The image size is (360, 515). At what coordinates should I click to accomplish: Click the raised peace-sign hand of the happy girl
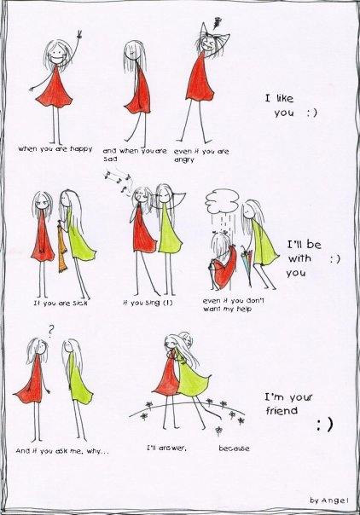[78, 35]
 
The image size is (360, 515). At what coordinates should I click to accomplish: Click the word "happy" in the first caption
[81, 148]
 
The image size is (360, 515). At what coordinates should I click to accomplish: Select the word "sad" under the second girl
[110, 159]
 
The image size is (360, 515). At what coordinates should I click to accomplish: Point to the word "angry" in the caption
[184, 160]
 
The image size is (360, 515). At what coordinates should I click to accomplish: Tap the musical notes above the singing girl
[117, 180]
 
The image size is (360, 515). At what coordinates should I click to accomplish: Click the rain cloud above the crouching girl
[223, 200]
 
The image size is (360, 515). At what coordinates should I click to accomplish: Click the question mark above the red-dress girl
[50, 332]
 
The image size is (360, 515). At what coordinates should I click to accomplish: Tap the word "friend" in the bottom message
[282, 411]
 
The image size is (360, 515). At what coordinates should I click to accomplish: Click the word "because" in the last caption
[234, 448]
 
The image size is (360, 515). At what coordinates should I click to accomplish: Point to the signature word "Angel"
[334, 501]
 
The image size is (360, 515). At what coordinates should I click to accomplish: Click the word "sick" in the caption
[79, 303]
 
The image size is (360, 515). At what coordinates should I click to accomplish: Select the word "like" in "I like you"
[284, 98]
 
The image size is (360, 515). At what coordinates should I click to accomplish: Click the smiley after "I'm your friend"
[325, 424]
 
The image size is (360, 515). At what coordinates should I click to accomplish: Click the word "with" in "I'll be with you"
[299, 258]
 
